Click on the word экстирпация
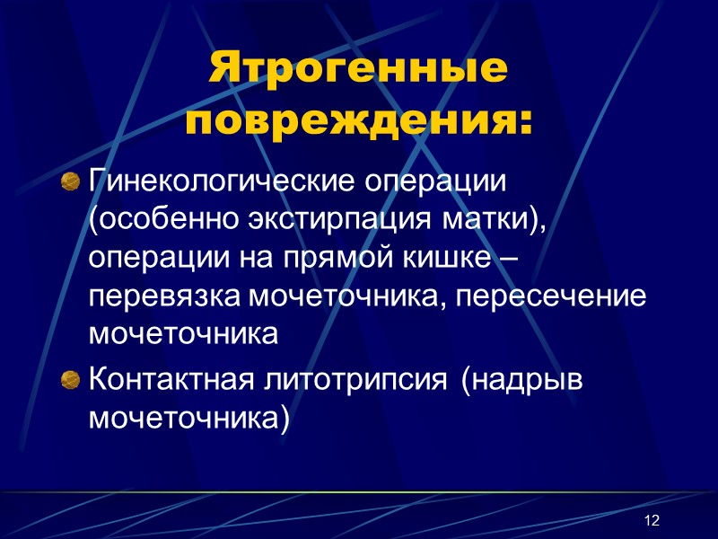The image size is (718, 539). click(x=327, y=219)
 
